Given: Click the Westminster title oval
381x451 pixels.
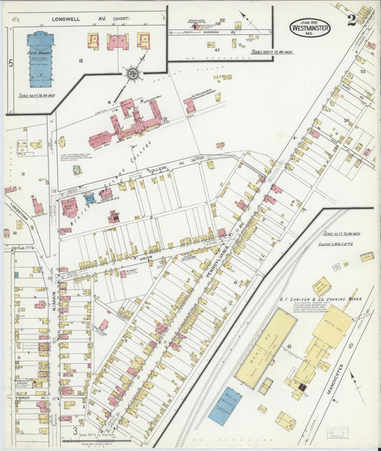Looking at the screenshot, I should (310, 27).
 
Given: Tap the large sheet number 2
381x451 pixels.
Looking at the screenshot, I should (352, 20).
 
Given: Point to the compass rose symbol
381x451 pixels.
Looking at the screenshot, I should (132, 73).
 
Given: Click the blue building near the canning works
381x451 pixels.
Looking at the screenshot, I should (224, 406).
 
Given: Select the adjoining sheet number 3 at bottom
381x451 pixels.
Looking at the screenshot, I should (75, 432).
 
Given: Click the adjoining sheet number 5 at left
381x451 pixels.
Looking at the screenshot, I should (10, 64).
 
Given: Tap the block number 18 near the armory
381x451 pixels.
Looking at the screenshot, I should (81, 62).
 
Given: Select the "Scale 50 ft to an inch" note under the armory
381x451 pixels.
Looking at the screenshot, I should (41, 95).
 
